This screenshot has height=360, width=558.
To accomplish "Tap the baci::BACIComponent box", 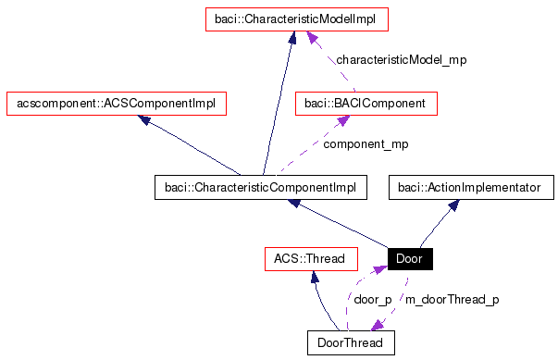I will pyautogui.click(x=366, y=103).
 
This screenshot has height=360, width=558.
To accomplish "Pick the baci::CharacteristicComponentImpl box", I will pyautogui.click(x=260, y=188).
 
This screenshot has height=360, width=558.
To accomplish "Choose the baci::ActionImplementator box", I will pyautogui.click(x=468, y=188).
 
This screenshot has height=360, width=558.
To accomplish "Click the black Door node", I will pyautogui.click(x=409, y=258).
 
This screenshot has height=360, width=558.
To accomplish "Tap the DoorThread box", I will pyautogui.click(x=351, y=342).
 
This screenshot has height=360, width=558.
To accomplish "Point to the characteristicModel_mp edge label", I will pyautogui.click(x=401, y=59).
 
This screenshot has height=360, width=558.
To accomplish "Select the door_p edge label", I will pyautogui.click(x=373, y=300).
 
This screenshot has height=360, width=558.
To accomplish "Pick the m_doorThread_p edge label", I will pyautogui.click(x=453, y=300).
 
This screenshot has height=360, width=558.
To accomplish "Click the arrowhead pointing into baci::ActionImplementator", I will pyautogui.click(x=453, y=206).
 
